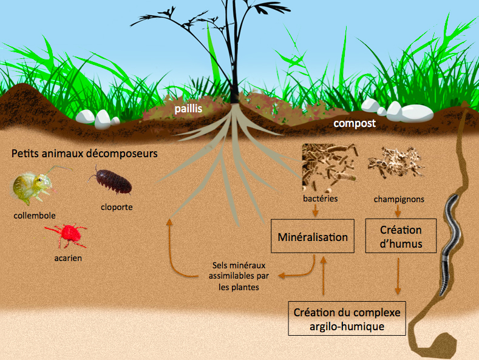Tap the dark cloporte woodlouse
(x=113, y=181)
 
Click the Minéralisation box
(x=313, y=237)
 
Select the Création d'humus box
(x=401, y=237)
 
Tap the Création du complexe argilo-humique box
(x=347, y=319)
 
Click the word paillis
(x=186, y=109)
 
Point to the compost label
(x=355, y=123)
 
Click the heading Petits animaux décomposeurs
(x=84, y=154)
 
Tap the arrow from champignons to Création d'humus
(x=398, y=211)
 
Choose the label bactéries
(x=320, y=199)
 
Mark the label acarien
(x=68, y=258)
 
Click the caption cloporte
(x=117, y=207)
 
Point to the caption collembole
(x=33, y=215)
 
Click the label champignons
(x=399, y=199)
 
